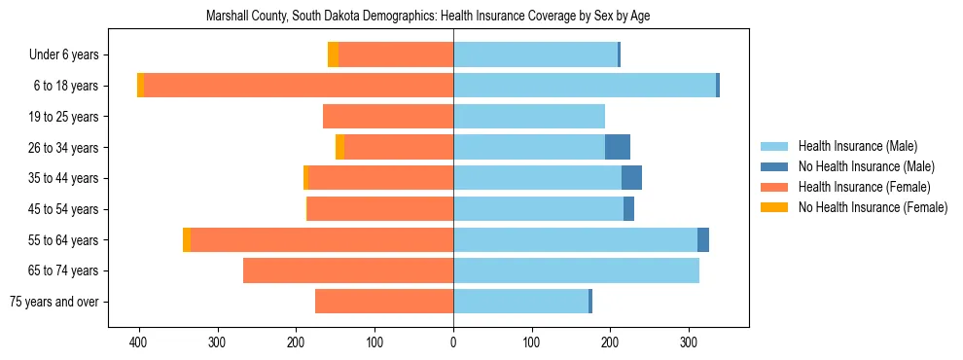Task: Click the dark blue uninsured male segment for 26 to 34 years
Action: (x=618, y=147)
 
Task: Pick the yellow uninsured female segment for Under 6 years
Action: (x=333, y=54)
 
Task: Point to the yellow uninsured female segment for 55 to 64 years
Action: (x=187, y=239)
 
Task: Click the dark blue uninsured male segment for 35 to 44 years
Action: (x=631, y=178)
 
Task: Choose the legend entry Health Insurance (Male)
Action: (x=857, y=146)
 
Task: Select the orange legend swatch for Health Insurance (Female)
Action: (x=775, y=187)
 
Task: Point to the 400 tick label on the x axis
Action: (x=139, y=343)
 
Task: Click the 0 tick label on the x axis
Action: (x=453, y=343)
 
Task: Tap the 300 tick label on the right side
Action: (x=689, y=343)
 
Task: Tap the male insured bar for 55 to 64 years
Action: (x=575, y=239)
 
